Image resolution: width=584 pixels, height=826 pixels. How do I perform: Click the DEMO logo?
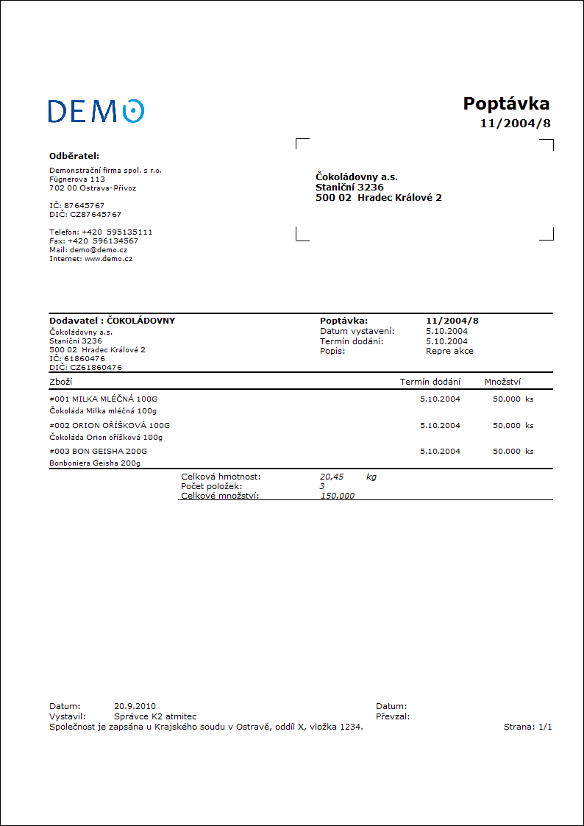coord(96,111)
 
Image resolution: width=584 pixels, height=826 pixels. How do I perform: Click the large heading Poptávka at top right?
coord(506,104)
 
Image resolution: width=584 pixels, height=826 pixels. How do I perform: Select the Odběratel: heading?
coord(74,156)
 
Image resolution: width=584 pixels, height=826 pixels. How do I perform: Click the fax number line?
coord(93,241)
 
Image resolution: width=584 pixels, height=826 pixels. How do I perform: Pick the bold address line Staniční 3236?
coord(349,188)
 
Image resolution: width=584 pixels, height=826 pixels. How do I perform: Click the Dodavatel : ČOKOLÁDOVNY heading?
coord(112,321)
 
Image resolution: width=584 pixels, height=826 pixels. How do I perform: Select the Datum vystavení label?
coord(357,331)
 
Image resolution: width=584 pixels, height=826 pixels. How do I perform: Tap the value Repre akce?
coord(449,351)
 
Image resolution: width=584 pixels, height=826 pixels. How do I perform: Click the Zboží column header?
coord(60,382)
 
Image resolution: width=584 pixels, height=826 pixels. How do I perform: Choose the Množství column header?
coord(503,382)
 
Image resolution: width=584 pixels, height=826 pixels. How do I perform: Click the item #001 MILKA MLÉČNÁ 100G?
coord(103,399)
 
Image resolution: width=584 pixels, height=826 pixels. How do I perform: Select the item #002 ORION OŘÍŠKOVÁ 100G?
coord(109,425)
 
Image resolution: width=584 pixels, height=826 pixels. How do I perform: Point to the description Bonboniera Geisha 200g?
coord(95,463)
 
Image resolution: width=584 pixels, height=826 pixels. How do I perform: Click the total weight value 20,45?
coord(332,477)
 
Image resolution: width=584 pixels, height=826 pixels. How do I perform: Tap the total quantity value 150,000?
coord(338,496)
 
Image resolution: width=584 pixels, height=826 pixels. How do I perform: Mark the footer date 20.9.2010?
coord(135,706)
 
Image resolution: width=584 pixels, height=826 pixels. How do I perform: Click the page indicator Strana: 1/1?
coord(527,727)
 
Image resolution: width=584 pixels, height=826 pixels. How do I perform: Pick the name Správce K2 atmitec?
coord(155,716)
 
